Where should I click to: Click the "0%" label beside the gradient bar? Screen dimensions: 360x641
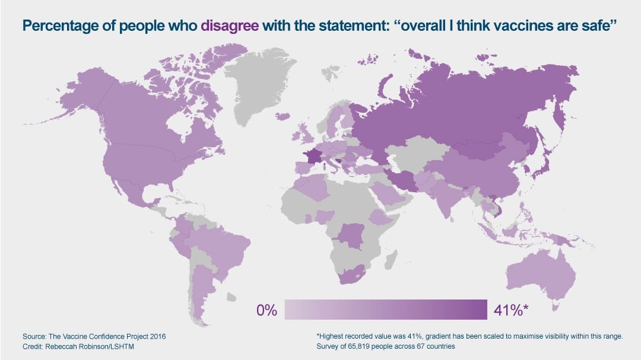(266, 310)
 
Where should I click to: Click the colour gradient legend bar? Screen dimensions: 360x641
(385, 309)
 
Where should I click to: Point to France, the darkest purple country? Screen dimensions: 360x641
(313, 158)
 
